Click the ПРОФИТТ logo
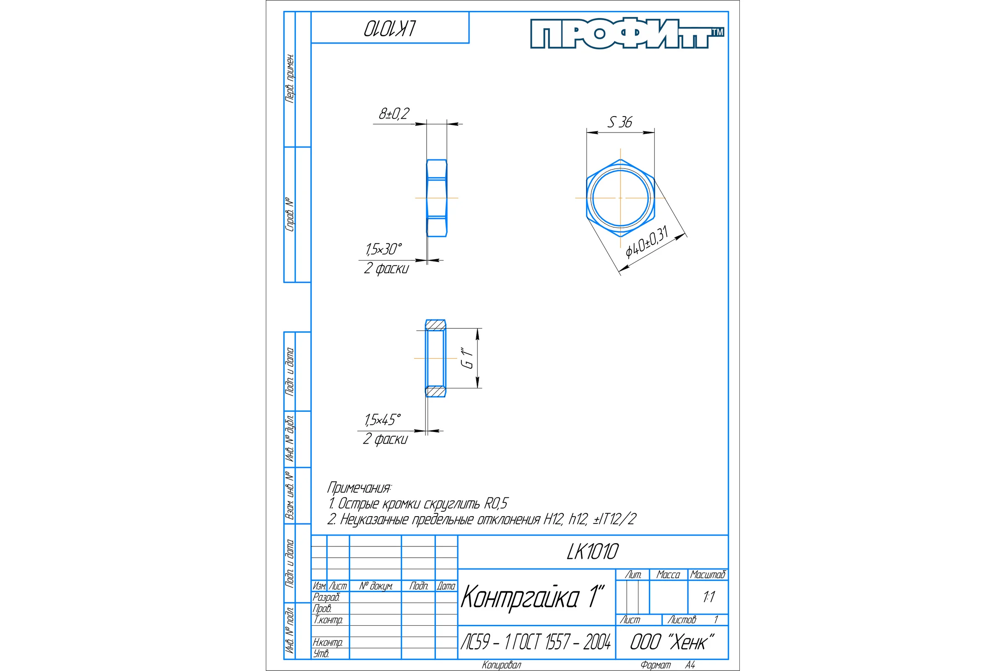627,34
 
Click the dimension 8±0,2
394,114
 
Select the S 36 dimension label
620,122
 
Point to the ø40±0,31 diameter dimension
647,243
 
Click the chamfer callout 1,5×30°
384,249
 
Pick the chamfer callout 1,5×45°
383,420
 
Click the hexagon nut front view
620,198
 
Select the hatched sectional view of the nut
436,358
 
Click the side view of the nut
437,198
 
